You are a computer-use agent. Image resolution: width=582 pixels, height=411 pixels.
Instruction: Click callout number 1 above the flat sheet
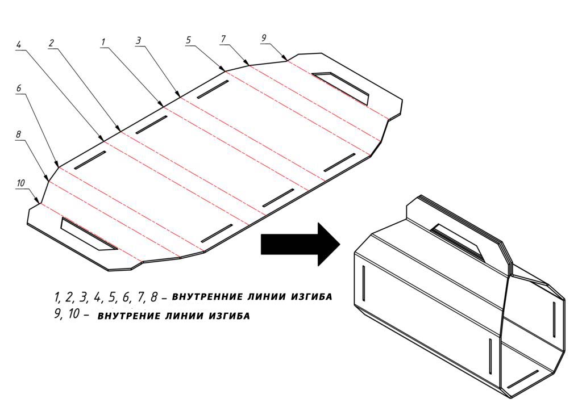pyautogui.click(x=103, y=42)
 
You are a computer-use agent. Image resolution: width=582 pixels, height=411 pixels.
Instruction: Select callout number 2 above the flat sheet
pyautogui.click(x=52, y=43)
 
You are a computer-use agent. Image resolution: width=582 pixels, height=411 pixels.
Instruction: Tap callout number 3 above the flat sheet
pyautogui.click(x=139, y=40)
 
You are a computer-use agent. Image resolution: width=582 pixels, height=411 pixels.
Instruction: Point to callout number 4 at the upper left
pyautogui.click(x=19, y=44)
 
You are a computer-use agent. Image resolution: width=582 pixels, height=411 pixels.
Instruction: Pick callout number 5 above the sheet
pyautogui.click(x=189, y=40)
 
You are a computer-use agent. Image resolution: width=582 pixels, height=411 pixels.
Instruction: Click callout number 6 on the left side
pyautogui.click(x=19, y=88)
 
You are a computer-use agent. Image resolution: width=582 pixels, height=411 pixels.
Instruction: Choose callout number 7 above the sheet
pyautogui.click(x=223, y=39)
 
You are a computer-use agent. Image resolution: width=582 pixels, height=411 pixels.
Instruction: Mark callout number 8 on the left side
pyautogui.click(x=19, y=134)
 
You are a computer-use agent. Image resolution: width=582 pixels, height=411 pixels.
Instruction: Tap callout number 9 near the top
pyautogui.click(x=264, y=38)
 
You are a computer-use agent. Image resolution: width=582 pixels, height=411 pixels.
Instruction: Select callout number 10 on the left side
pyautogui.click(x=21, y=183)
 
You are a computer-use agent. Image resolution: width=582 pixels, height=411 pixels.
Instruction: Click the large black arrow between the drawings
pyautogui.click(x=301, y=244)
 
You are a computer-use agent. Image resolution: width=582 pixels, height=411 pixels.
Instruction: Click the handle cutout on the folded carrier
pyautogui.click(x=456, y=241)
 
